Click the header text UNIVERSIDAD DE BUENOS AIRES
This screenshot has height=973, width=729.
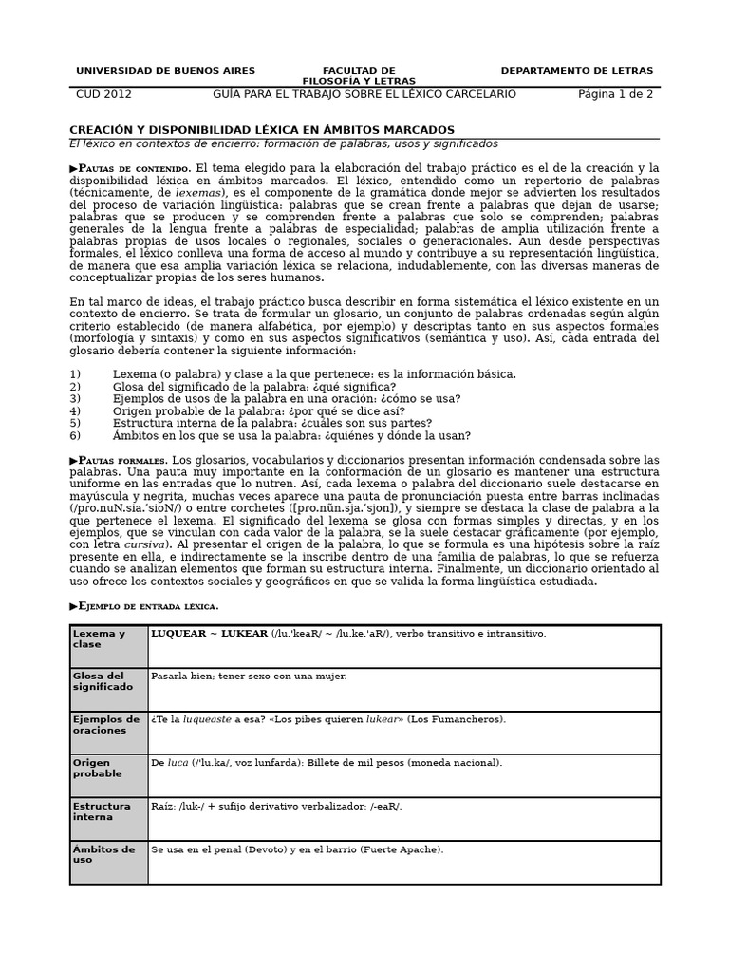pos(165,71)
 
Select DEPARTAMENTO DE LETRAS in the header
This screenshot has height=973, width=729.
pos(576,71)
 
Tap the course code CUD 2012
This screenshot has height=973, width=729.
pos(103,94)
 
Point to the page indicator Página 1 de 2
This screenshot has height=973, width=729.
pos(615,94)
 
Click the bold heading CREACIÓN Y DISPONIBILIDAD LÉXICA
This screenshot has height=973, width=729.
pos(262,130)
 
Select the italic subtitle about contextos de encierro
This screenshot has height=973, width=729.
pos(283,144)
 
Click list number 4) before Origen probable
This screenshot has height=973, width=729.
pos(76,411)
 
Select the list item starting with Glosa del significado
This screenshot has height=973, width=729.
pos(253,387)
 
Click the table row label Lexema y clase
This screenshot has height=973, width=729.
pos(99,639)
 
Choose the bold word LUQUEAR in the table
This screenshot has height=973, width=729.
pos(178,634)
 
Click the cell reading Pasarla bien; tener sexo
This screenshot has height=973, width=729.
pos(249,677)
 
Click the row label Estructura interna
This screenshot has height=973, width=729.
pos(102,811)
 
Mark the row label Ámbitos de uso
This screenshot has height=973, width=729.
pos(103,854)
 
